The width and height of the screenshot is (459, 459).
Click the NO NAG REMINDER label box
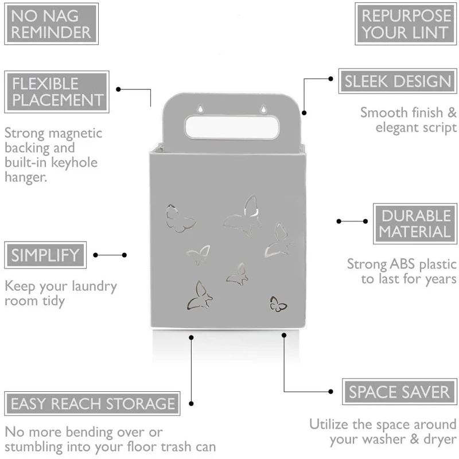(x=50, y=24)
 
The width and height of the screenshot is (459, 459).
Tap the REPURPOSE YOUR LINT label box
(x=405, y=24)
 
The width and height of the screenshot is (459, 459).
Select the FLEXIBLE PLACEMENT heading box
(x=57, y=91)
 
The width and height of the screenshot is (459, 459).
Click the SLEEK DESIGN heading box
(x=398, y=81)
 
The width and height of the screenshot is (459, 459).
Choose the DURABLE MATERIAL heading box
(x=416, y=224)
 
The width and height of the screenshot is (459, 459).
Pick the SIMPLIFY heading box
(x=45, y=255)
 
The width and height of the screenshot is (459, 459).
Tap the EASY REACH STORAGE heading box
(x=92, y=403)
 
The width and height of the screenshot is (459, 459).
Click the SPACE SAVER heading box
(x=399, y=392)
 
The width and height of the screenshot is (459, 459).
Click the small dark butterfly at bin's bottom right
(x=278, y=304)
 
